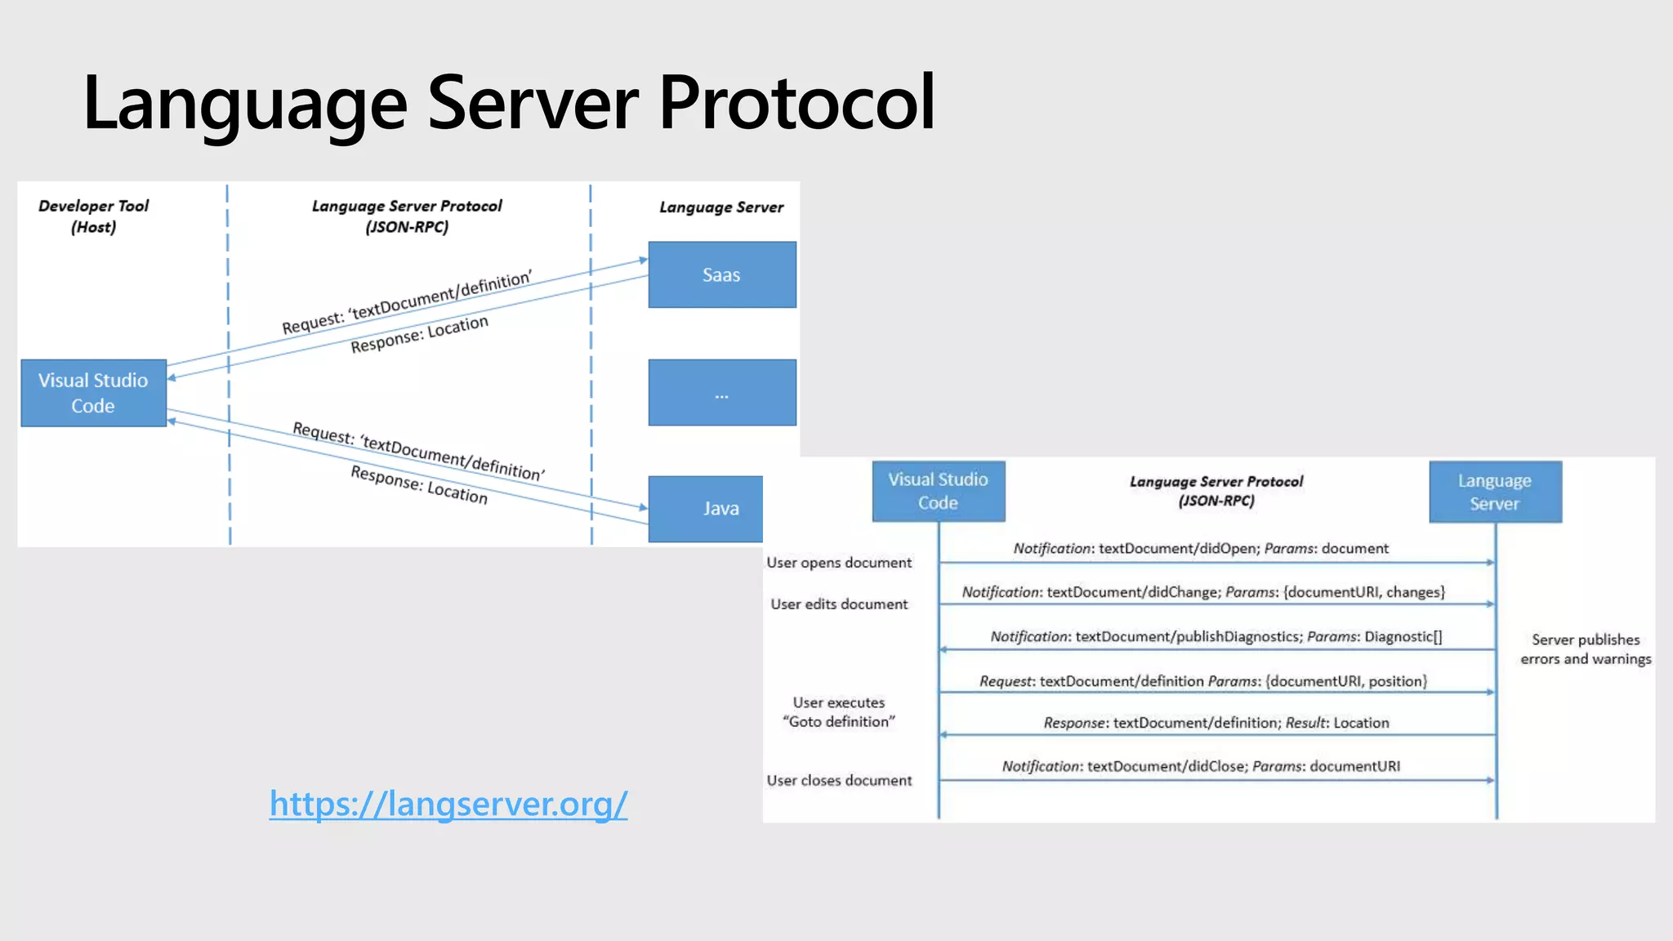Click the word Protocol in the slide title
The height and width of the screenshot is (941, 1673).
point(796,103)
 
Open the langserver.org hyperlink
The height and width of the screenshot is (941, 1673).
point(448,804)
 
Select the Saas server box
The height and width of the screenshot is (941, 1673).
point(721,274)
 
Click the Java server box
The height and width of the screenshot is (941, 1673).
point(706,509)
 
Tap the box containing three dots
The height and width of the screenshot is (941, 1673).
point(721,393)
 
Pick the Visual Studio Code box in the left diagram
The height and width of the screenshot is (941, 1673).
point(93,393)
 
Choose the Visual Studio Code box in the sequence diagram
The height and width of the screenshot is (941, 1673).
point(938,491)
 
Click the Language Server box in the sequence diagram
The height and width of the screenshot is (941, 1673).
point(1494,492)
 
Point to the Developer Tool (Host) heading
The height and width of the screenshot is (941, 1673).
point(93,216)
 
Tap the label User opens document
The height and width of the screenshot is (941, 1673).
point(839,563)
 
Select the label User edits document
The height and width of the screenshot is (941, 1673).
point(839,604)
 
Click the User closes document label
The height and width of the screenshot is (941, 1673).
point(839,781)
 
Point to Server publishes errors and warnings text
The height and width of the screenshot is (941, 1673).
point(1585,649)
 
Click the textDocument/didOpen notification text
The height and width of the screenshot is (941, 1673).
point(1201,549)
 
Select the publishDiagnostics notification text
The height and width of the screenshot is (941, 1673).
point(1216,637)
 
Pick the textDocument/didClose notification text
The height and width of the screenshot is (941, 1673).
point(1201,766)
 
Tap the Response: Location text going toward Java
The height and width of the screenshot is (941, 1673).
point(419,485)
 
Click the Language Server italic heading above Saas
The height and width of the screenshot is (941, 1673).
point(721,207)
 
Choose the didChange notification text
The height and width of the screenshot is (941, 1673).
point(1202,592)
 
